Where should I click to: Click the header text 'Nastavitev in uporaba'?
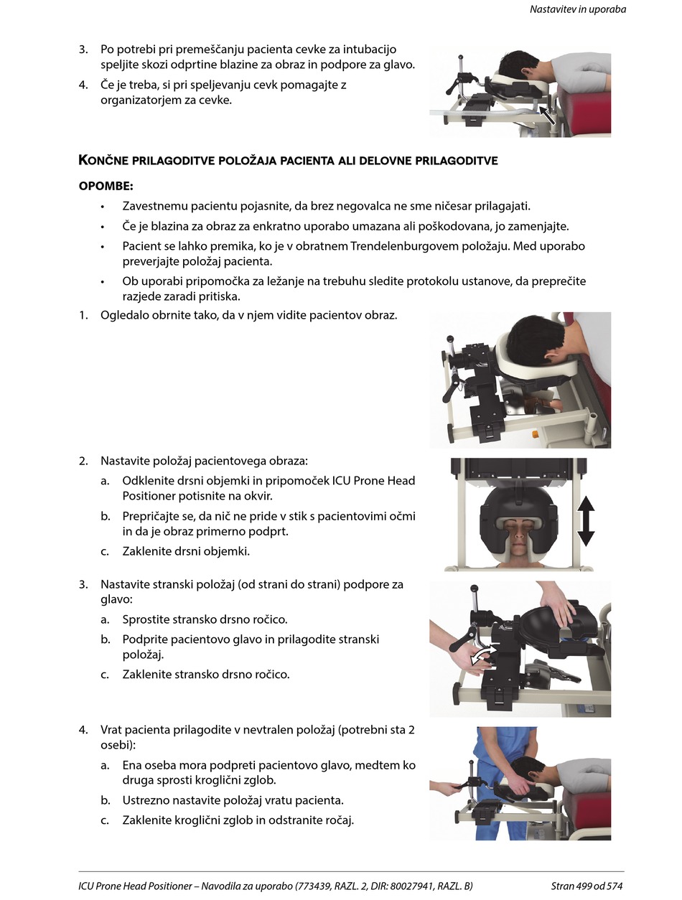577,9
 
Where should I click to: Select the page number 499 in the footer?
586,886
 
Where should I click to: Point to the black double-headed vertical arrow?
586,521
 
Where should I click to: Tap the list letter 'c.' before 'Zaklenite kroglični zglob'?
105,820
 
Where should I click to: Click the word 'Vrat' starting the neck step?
112,731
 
